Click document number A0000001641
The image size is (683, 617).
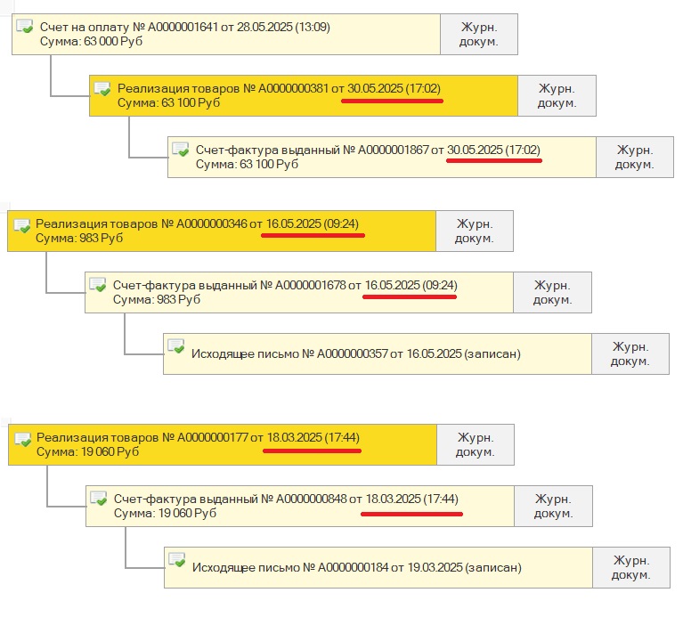(183, 27)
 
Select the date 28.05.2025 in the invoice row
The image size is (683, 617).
(264, 27)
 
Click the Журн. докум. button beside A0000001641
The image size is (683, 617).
(479, 34)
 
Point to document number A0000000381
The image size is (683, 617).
(293, 88)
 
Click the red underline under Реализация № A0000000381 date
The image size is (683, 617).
(392, 101)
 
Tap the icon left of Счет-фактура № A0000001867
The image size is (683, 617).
(180, 150)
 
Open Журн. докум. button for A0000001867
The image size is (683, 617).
(635, 158)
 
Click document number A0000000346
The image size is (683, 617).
(211, 223)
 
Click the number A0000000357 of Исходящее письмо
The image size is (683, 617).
(353, 353)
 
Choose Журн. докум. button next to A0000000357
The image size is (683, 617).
(630, 353)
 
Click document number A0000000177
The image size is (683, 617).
(213, 437)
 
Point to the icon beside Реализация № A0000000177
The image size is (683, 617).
(22, 438)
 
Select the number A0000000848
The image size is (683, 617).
(312, 499)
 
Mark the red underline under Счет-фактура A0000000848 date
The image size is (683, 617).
(411, 515)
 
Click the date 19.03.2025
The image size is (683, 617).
(435, 567)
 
